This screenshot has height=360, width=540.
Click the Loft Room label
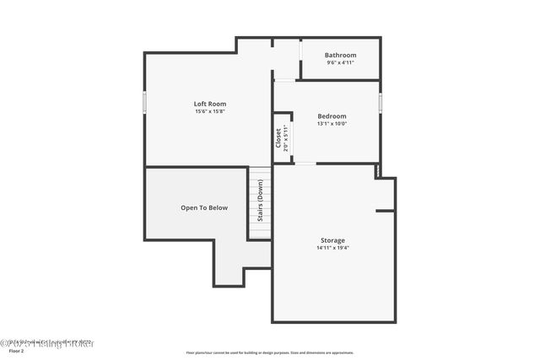(x=210, y=104)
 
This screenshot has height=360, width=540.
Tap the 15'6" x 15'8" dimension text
(x=210, y=111)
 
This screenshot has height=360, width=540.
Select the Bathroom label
(x=340, y=55)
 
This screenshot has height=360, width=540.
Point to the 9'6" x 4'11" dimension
(x=340, y=62)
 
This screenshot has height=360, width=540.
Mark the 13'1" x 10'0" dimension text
(x=332, y=123)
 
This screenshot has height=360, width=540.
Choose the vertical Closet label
(x=278, y=137)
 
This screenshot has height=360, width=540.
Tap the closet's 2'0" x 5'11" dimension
(x=287, y=137)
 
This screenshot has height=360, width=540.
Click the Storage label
(x=332, y=240)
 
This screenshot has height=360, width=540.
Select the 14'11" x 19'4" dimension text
(x=332, y=248)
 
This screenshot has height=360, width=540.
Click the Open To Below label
(x=204, y=207)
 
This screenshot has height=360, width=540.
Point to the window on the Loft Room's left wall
(x=144, y=103)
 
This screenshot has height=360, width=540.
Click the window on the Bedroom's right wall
(x=381, y=101)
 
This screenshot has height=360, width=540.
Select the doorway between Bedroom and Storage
(x=305, y=164)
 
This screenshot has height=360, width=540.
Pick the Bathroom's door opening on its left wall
(x=300, y=59)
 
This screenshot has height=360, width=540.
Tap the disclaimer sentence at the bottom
(x=270, y=353)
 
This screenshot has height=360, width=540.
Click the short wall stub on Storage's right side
(x=386, y=210)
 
